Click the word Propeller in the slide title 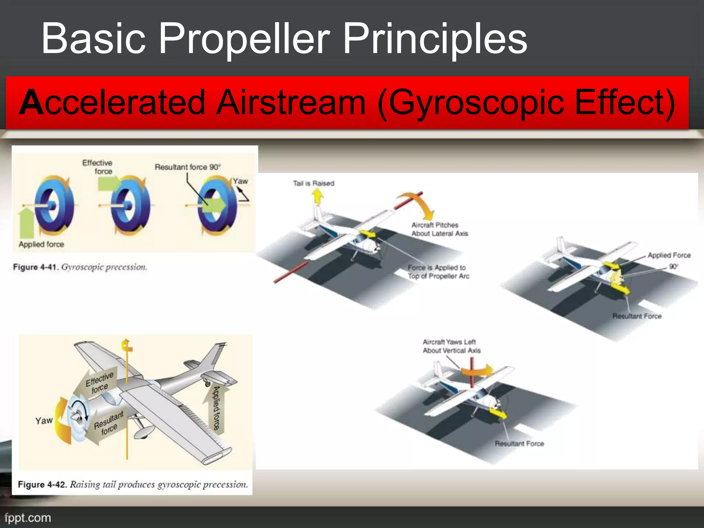(244, 38)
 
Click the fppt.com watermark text (28, 518)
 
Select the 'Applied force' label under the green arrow (41, 244)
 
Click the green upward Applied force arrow (27, 222)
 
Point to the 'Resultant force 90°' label (187, 167)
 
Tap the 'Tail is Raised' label (313, 183)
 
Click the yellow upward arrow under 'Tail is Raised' (318, 197)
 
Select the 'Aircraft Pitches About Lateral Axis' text (440, 229)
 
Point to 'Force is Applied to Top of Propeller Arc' (438, 272)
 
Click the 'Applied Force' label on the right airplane (669, 255)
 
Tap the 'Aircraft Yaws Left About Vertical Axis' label (451, 346)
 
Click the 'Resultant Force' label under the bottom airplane (519, 443)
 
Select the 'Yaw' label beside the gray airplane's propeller (44, 421)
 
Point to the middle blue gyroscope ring (131, 206)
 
